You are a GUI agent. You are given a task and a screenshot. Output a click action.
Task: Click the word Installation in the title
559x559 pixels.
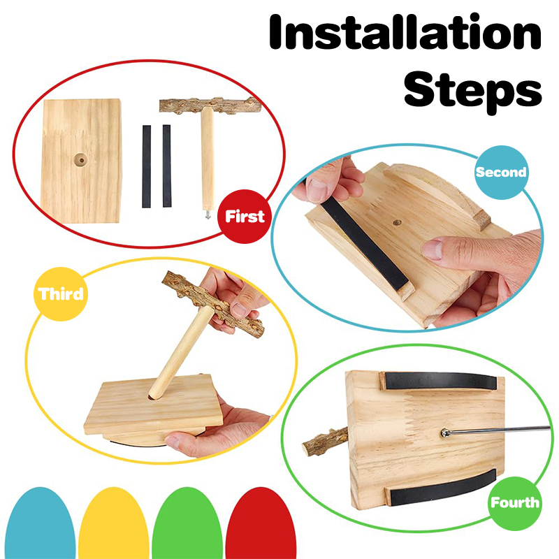[405, 32]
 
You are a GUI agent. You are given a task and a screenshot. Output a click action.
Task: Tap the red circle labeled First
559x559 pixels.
[245, 217]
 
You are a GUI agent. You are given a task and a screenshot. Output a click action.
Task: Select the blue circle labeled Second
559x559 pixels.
[501, 172]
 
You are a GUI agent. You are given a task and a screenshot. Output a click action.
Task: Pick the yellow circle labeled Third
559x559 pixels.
[61, 294]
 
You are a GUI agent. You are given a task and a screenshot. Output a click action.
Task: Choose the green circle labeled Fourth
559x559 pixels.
[515, 503]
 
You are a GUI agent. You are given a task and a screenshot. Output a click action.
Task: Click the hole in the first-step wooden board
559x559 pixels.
[80, 160]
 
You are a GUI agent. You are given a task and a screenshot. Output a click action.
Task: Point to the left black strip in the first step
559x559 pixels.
[147, 166]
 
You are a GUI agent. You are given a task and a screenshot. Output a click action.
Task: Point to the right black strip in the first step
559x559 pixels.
[167, 166]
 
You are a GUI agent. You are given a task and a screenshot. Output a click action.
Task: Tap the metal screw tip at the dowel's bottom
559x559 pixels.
[208, 215]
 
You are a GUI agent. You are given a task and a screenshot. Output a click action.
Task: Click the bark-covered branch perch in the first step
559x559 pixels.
[210, 106]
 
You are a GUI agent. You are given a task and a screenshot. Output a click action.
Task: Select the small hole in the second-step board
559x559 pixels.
[397, 223]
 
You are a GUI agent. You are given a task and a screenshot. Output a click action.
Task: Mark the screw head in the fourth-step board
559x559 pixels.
[445, 433]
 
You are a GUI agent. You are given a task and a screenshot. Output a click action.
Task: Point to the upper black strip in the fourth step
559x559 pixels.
[440, 381]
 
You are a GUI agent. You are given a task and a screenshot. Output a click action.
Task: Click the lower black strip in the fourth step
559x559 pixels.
[442, 488]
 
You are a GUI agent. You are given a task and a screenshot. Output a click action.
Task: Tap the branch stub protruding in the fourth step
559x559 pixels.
[325, 442]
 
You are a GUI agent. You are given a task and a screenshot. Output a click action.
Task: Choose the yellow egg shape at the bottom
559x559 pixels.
[113, 523]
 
